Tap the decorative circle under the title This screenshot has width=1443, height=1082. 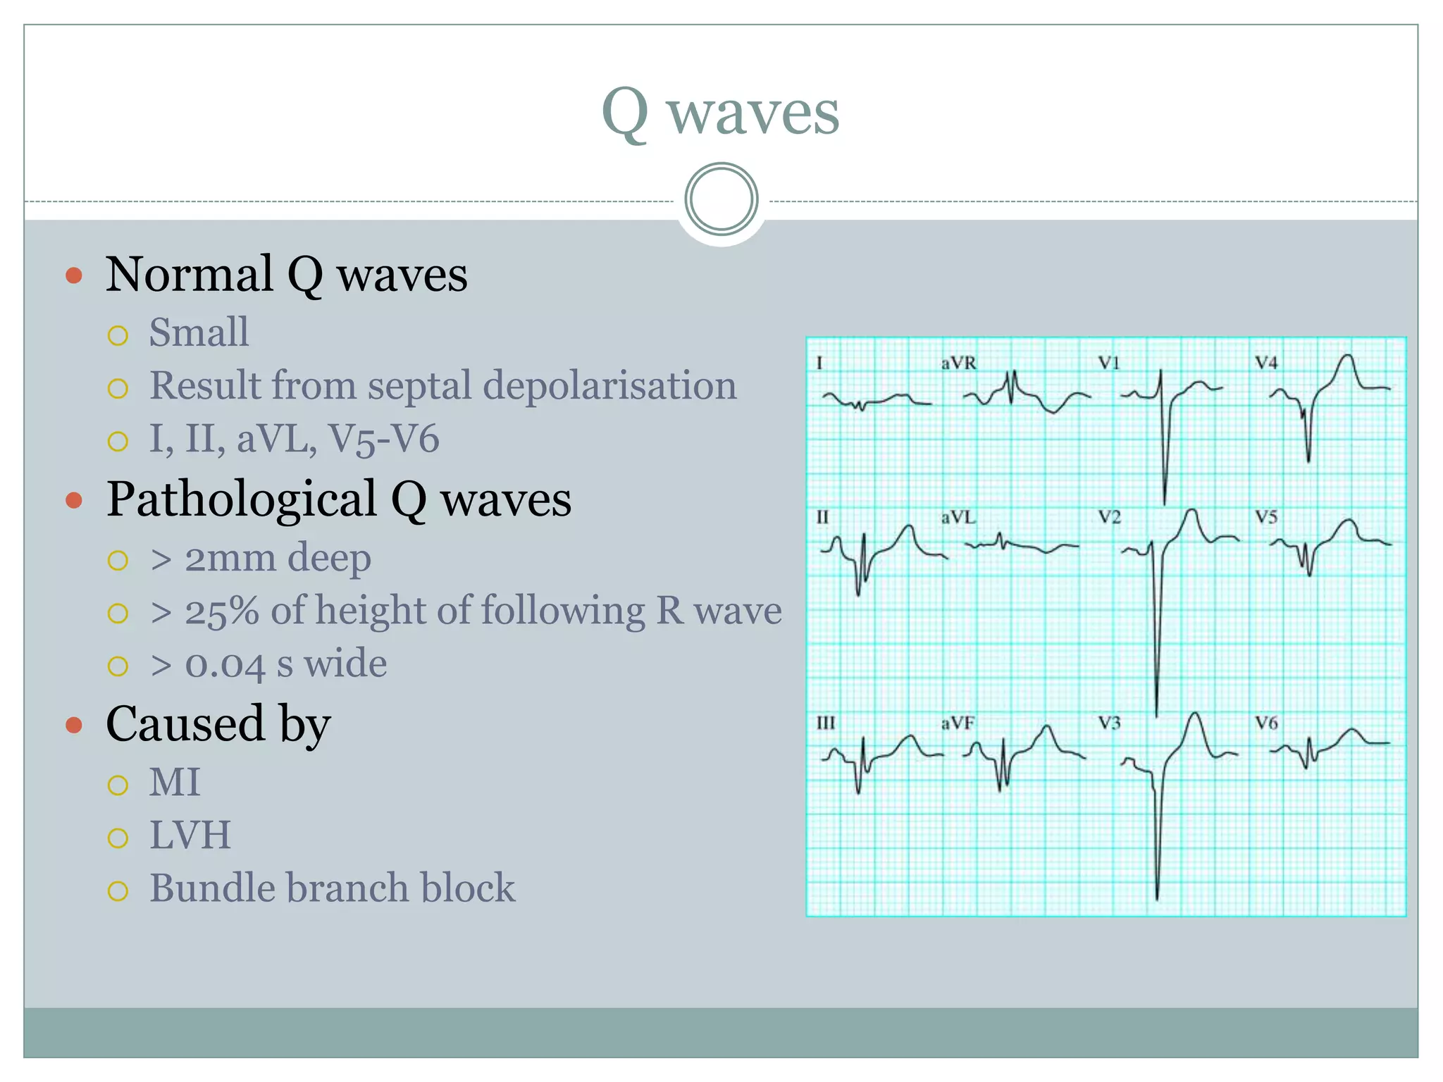[721, 199]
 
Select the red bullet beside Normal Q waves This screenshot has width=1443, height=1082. [74, 275]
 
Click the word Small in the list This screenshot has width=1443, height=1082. [199, 332]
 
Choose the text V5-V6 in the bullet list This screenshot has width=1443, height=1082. [384, 439]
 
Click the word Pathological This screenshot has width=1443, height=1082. [242, 499]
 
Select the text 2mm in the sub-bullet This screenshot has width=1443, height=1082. [230, 559]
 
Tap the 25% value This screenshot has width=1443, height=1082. [221, 611]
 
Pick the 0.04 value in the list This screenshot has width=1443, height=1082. [225, 664]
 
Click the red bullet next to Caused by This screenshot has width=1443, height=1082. [74, 725]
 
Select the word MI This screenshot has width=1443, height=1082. [175, 782]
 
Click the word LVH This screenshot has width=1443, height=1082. [190, 835]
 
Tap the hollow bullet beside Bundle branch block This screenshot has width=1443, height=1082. [118, 891]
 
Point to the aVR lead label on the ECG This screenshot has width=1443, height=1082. [959, 363]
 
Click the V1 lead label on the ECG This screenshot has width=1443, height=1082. [1109, 363]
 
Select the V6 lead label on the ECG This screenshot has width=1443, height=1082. [1266, 723]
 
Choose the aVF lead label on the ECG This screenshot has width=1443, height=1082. [958, 723]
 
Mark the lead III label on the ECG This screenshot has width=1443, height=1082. [826, 723]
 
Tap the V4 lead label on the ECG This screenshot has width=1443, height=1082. [1266, 363]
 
